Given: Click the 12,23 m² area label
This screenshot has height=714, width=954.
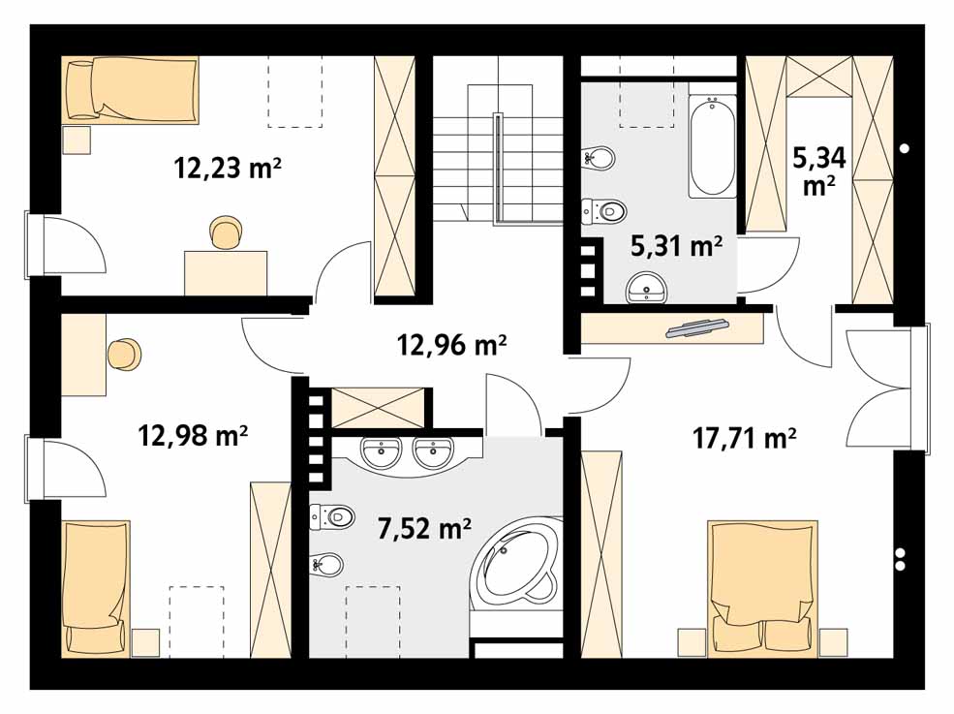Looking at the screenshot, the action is (x=228, y=168).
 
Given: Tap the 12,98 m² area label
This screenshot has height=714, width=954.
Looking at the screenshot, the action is (x=193, y=435).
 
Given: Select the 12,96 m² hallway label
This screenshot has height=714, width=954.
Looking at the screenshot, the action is (x=452, y=345).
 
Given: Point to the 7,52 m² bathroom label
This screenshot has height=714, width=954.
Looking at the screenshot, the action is (x=424, y=528).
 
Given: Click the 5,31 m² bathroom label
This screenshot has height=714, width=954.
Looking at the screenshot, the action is (x=677, y=246).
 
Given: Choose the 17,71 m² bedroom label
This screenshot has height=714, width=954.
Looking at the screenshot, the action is (x=745, y=438).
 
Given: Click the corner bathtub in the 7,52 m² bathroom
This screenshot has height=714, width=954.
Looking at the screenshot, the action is (x=517, y=559).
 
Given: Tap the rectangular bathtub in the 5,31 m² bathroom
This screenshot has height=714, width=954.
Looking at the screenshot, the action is (x=713, y=146).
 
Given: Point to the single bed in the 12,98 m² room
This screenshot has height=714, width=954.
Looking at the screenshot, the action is (x=96, y=589).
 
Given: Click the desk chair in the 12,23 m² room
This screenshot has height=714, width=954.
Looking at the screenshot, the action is (x=226, y=233).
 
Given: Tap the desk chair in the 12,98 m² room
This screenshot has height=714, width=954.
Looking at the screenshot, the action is (x=125, y=355).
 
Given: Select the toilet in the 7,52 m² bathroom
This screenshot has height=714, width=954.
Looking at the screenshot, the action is (x=332, y=516).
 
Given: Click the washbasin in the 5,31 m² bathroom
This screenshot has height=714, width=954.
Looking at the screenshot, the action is (x=646, y=288).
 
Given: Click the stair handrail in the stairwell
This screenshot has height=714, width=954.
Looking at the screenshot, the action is (x=498, y=167).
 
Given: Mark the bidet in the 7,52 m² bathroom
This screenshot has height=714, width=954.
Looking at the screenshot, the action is (x=327, y=565).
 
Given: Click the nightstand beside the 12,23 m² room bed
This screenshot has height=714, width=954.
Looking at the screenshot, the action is (x=77, y=140).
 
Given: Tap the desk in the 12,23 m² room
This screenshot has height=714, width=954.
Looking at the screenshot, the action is (x=226, y=273).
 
